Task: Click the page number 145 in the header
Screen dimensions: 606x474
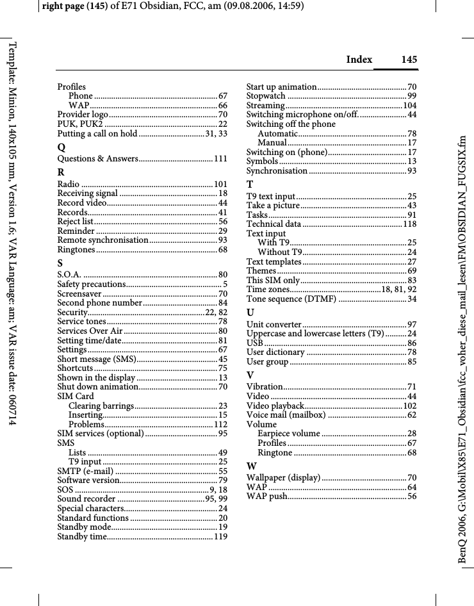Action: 409,60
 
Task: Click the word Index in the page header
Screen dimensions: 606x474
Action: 359,60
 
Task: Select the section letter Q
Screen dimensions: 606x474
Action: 62,147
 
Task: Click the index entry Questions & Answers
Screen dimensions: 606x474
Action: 98,159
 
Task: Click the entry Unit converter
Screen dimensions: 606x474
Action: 274,325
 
